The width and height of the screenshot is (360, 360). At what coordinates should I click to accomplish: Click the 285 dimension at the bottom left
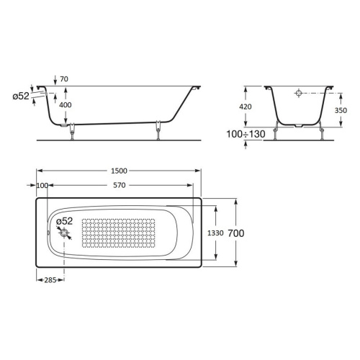tap(50, 280)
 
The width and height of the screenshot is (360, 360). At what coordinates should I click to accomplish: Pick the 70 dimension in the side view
tap(64, 80)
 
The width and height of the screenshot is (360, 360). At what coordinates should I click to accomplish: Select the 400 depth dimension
tap(65, 106)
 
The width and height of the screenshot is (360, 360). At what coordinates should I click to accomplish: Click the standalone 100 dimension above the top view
tap(41, 186)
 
